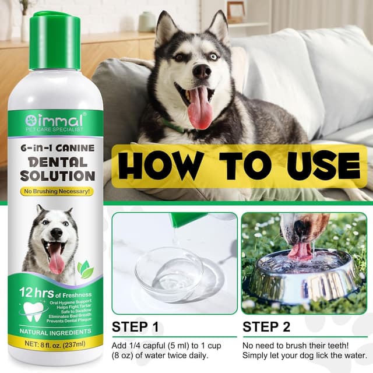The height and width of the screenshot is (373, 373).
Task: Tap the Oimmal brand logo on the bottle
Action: pyautogui.click(x=55, y=120)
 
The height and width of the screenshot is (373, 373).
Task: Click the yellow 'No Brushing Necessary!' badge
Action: pyautogui.click(x=55, y=191)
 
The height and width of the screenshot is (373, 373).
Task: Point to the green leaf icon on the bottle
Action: pyautogui.click(x=85, y=269)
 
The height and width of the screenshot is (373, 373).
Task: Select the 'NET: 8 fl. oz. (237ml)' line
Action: pyautogui.click(x=55, y=344)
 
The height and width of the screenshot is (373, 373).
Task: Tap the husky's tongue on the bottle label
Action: pyautogui.click(x=57, y=259)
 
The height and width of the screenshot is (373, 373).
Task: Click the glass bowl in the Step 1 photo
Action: pyautogui.click(x=169, y=273)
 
